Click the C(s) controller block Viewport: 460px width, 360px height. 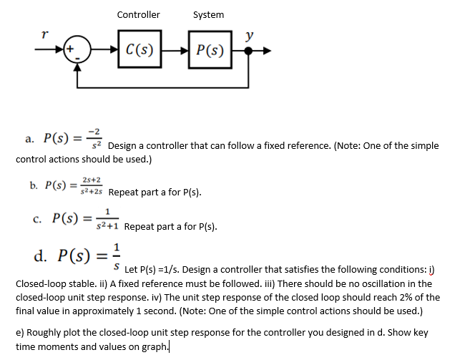point(141,50)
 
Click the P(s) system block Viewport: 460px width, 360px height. point(208,50)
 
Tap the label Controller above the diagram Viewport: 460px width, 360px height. point(138,14)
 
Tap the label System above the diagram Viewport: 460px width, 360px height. point(208,14)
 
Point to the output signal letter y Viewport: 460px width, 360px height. point(249,34)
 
